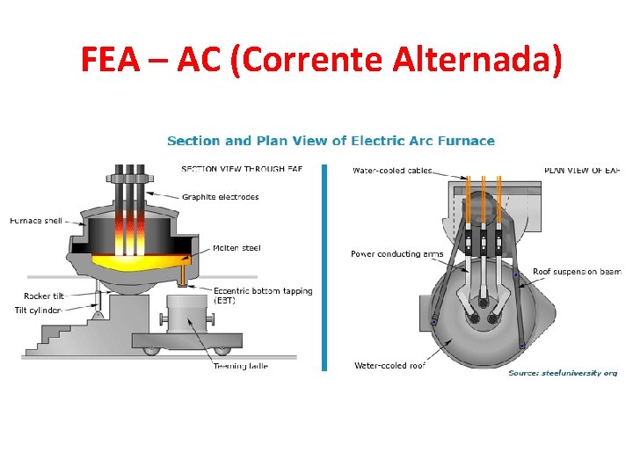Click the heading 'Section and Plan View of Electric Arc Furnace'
pos(331,141)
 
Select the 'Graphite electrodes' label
pos(221,197)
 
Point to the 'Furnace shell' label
pos(36,221)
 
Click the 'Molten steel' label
pos(236,248)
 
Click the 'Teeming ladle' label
pos(240,366)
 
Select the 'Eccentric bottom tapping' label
pos(263,291)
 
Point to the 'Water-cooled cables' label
pos(392,170)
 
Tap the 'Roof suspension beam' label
pos(577,272)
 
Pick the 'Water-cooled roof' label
pos(389,365)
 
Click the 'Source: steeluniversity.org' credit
pos(563,373)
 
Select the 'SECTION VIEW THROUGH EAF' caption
pos(242,169)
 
